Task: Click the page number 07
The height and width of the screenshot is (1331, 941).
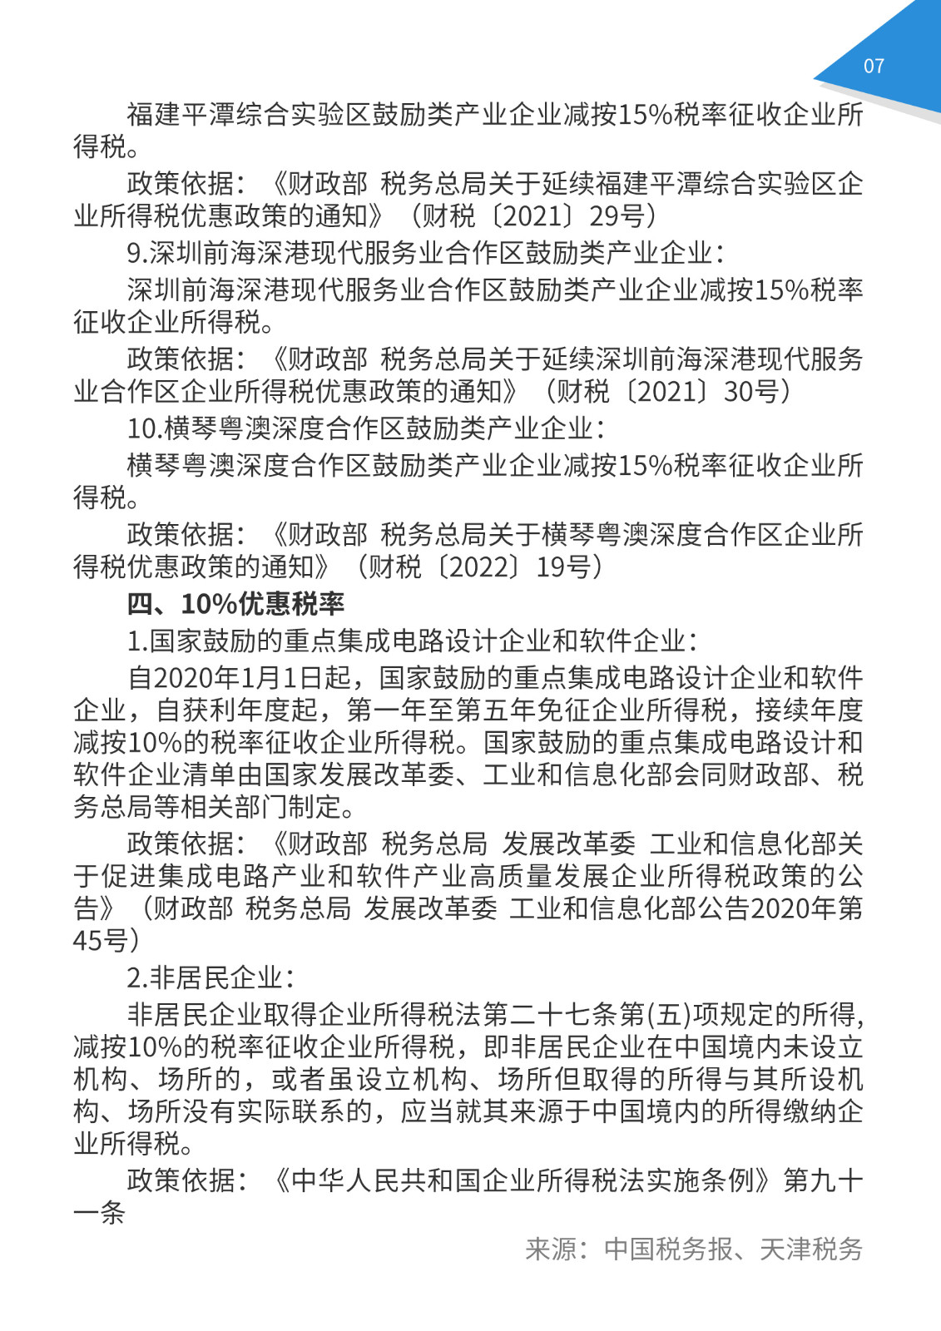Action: click(x=874, y=67)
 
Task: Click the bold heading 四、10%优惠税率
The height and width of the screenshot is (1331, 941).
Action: click(x=235, y=603)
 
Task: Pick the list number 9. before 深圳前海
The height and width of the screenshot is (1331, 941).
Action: click(x=137, y=253)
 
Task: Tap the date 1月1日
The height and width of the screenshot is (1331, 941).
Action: click(x=282, y=677)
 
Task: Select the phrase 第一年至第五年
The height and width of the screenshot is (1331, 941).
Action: click(x=443, y=710)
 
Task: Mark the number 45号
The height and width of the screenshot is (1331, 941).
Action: click(x=100, y=941)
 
